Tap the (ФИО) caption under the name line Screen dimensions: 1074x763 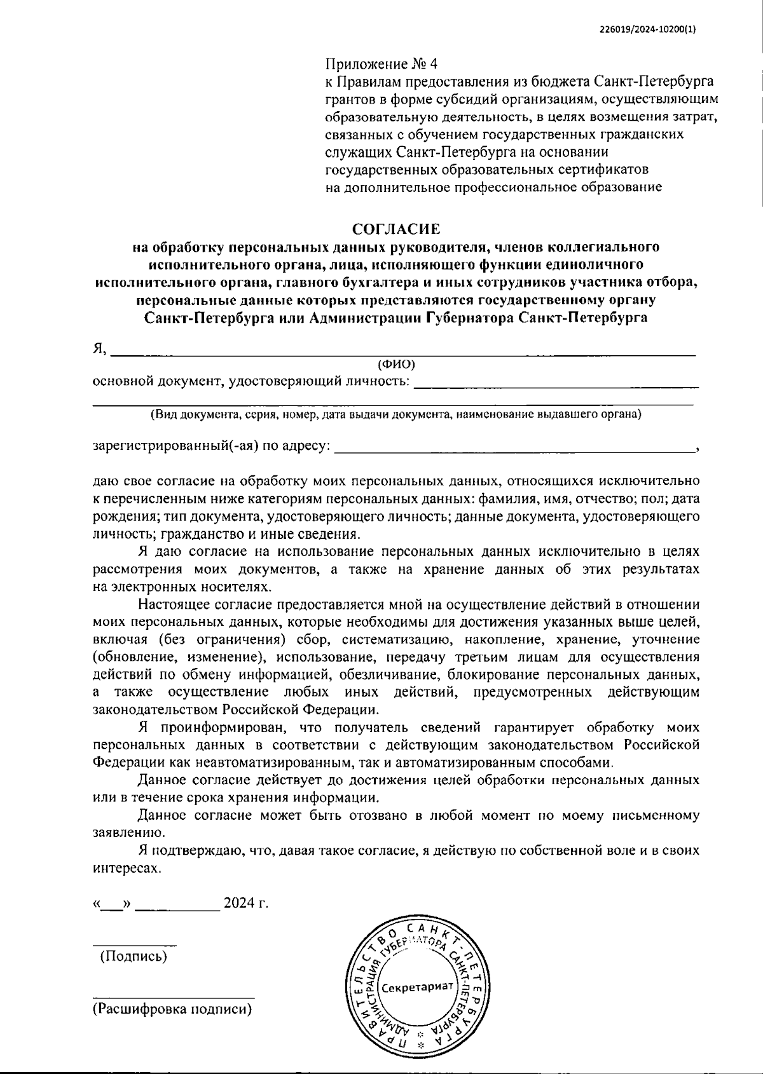[396, 364]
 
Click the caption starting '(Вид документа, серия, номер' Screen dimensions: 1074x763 [395, 415]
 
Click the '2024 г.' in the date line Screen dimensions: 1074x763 [245, 903]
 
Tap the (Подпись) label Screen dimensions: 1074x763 [134, 956]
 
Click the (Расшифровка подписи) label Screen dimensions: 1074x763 [172, 1009]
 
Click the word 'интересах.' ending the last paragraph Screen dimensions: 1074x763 [127, 867]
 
